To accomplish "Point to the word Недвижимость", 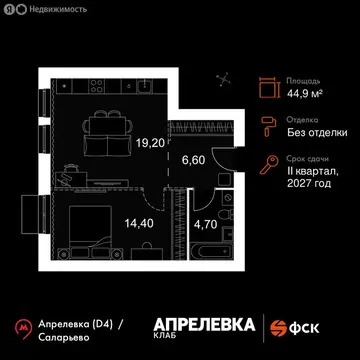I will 54,10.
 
